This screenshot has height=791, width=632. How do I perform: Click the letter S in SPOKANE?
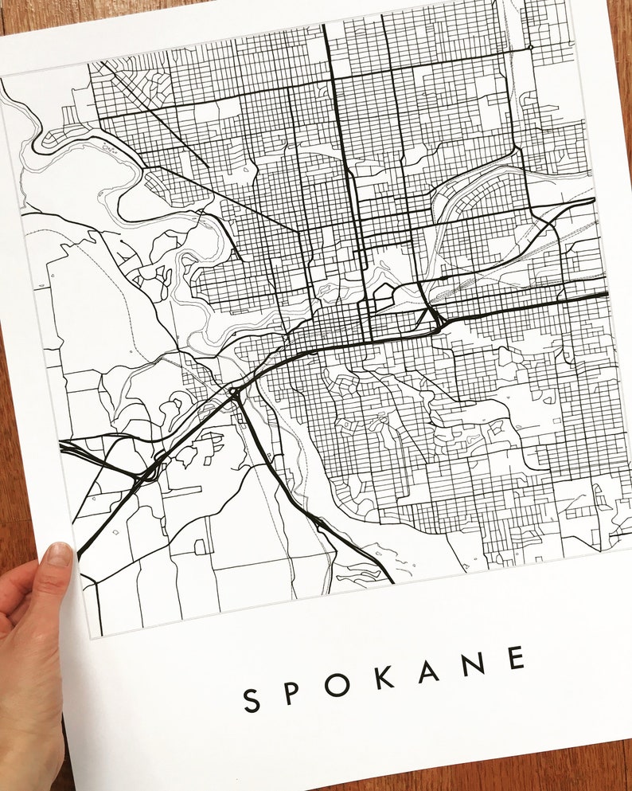coord(252,700)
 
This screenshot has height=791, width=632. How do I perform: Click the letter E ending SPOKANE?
coord(517,658)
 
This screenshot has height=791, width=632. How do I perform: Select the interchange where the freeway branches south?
coord(234,391)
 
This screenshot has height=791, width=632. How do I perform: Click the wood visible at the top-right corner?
coord(617,24)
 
